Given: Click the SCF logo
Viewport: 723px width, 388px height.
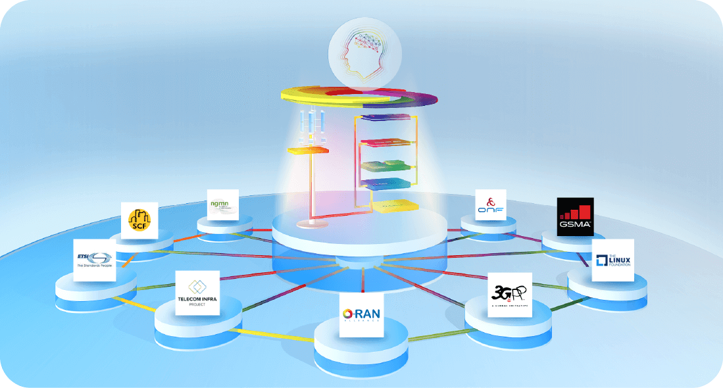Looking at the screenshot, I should click(x=139, y=220).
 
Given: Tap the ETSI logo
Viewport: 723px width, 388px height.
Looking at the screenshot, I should click(x=94, y=259).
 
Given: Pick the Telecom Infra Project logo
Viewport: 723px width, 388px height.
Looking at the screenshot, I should click(x=197, y=292).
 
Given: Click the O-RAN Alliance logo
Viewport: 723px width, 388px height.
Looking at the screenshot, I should click(x=361, y=314).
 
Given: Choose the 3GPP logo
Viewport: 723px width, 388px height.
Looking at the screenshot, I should click(x=510, y=294).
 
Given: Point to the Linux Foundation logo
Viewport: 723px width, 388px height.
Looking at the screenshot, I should click(x=612, y=260).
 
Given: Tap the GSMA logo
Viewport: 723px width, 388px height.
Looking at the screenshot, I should click(x=575, y=216).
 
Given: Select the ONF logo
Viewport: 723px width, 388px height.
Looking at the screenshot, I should click(x=490, y=205).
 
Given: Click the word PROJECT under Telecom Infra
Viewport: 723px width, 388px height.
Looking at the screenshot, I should click(x=197, y=304).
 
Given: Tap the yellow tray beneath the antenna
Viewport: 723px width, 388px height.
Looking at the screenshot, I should click(x=308, y=151).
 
